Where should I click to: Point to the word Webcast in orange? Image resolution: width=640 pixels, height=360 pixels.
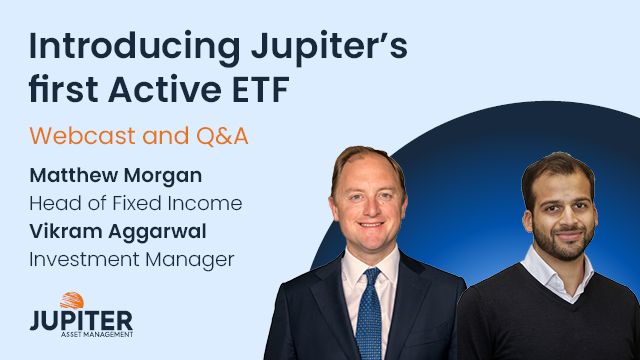click(x=75, y=133)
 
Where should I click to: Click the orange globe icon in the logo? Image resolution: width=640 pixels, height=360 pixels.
click(x=72, y=301)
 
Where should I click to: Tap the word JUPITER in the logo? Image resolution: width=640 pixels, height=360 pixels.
click(x=81, y=321)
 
